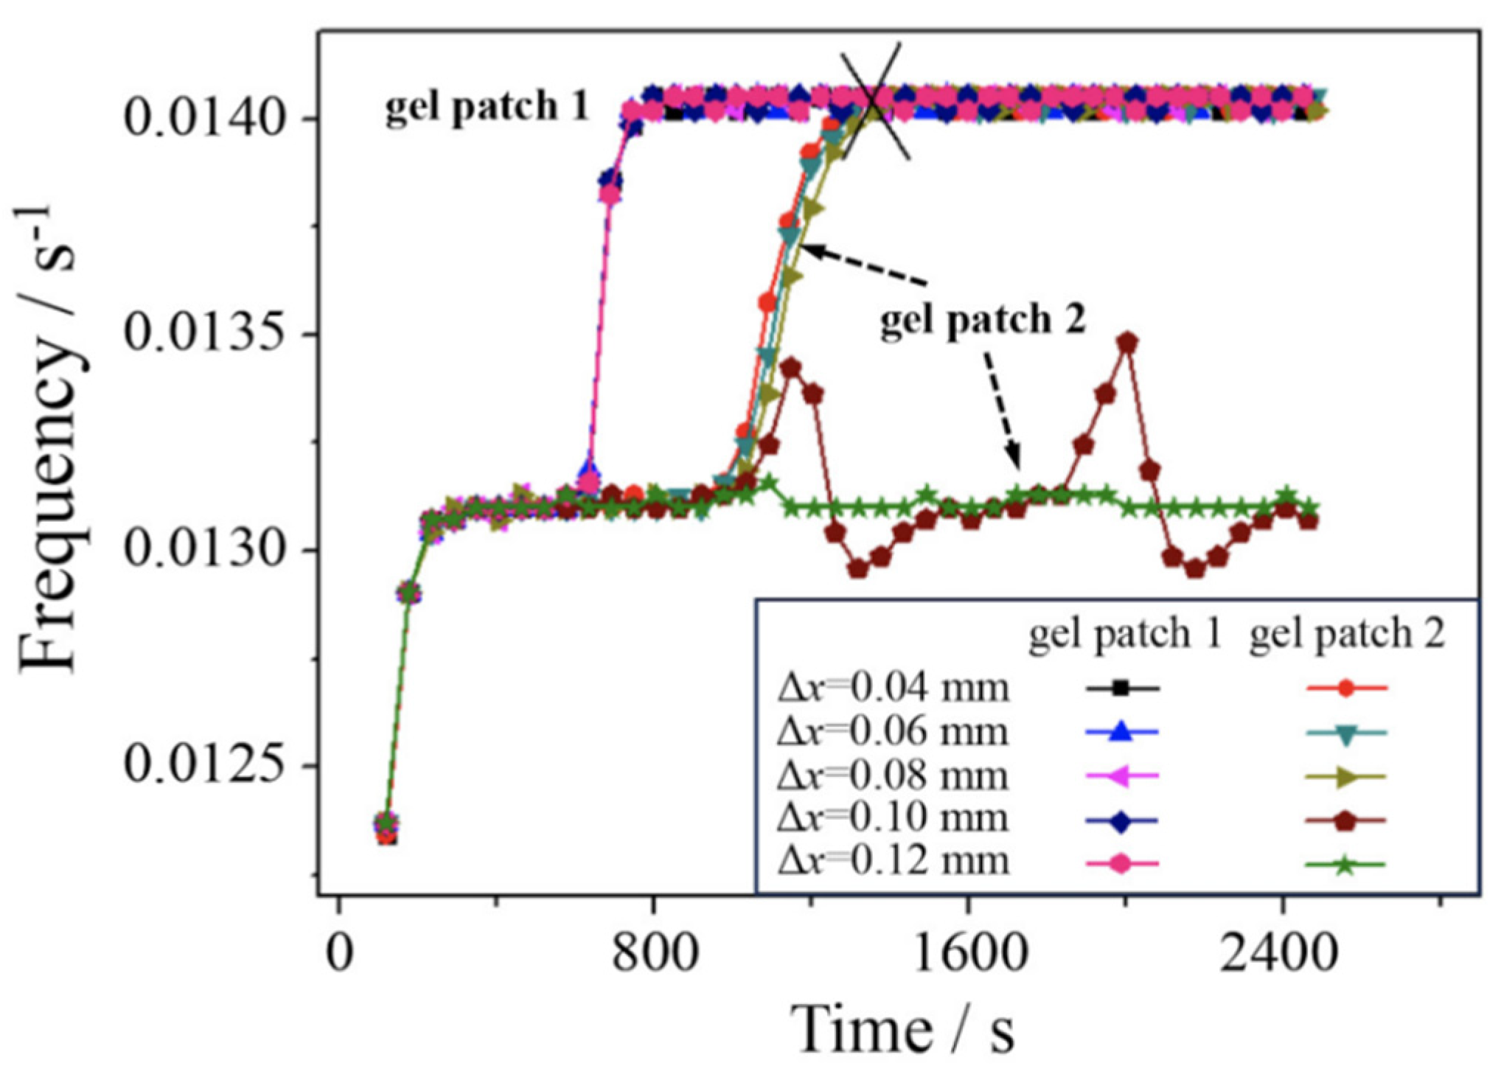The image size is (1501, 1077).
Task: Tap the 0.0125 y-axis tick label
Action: click(x=204, y=765)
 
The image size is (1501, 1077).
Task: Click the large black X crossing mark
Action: click(x=874, y=101)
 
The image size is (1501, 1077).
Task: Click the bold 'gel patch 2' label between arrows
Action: click(x=983, y=320)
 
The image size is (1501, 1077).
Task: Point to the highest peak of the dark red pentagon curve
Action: click(x=1126, y=343)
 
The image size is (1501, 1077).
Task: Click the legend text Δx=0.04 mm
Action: click(x=893, y=688)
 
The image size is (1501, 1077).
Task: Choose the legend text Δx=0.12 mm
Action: click(x=893, y=860)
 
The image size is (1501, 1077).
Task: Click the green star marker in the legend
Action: click(x=1345, y=865)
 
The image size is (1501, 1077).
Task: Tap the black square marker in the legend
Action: click(x=1121, y=689)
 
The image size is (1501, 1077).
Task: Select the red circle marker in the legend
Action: click(x=1345, y=689)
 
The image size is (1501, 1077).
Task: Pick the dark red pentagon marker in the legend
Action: click(x=1345, y=820)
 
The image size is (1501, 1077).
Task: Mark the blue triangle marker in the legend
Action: click(x=1121, y=731)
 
